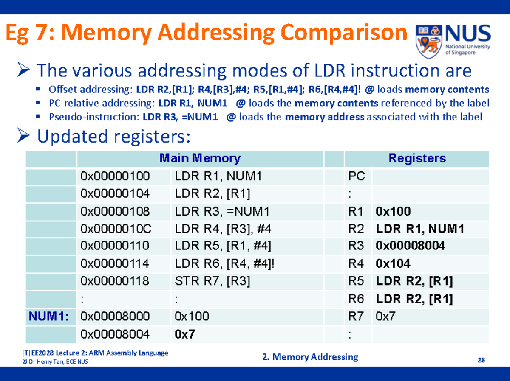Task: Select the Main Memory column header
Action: [200, 159]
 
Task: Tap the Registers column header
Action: [417, 159]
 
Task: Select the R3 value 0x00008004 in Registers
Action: [410, 246]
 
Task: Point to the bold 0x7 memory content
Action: [185, 334]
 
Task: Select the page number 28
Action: [481, 361]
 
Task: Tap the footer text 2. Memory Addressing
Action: [311, 357]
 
